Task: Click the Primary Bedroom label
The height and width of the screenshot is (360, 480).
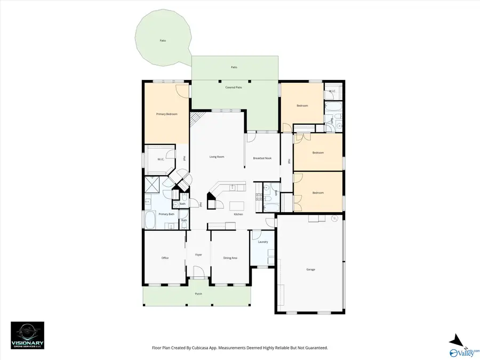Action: click(x=166, y=114)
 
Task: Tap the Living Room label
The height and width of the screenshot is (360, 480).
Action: click(x=216, y=157)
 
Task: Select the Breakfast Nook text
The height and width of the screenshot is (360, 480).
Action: click(x=263, y=158)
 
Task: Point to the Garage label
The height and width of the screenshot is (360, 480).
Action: click(x=310, y=269)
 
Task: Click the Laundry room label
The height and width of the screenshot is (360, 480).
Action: click(x=262, y=242)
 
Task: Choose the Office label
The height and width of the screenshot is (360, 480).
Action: click(x=165, y=258)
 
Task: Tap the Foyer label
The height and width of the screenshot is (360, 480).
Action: click(x=198, y=255)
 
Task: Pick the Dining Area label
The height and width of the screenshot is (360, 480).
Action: click(x=230, y=258)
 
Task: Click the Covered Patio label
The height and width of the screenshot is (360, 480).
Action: click(x=234, y=87)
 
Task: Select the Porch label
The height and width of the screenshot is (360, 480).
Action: click(x=198, y=294)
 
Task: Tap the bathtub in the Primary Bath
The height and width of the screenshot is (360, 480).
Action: click(x=150, y=220)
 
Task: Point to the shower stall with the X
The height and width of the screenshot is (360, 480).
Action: click(x=153, y=185)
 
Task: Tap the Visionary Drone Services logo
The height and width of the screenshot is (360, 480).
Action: click(x=28, y=335)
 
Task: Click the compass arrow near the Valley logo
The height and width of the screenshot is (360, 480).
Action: click(x=454, y=340)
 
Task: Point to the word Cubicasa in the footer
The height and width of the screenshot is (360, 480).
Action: click(x=206, y=348)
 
